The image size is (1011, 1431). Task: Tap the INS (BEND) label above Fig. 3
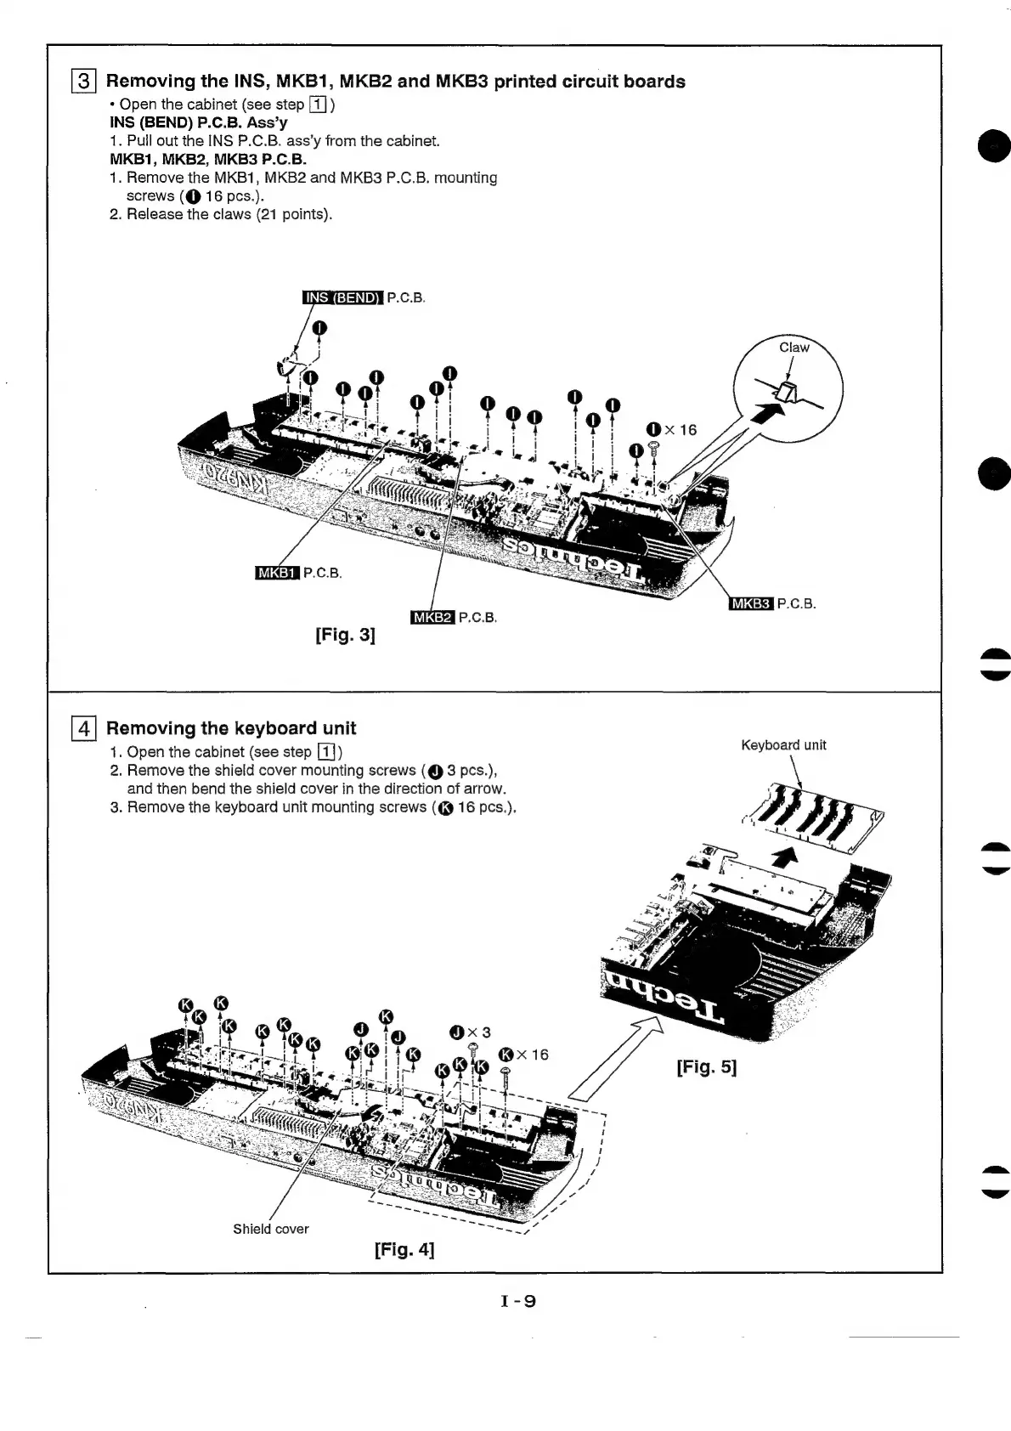coord(343,297)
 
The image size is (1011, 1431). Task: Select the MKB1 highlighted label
coord(277,573)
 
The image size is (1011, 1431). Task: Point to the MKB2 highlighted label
coord(432,617)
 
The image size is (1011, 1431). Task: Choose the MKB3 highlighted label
coord(751,604)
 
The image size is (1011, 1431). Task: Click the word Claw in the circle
coord(794,348)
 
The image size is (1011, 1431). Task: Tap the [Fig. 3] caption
coord(345,635)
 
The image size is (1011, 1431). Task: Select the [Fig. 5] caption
coord(706,1066)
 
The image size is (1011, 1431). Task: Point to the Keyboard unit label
coord(783,745)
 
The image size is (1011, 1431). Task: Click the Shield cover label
coord(271,1229)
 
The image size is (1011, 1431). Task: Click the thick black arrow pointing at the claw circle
coord(767,416)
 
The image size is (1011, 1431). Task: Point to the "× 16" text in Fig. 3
coord(681,430)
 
